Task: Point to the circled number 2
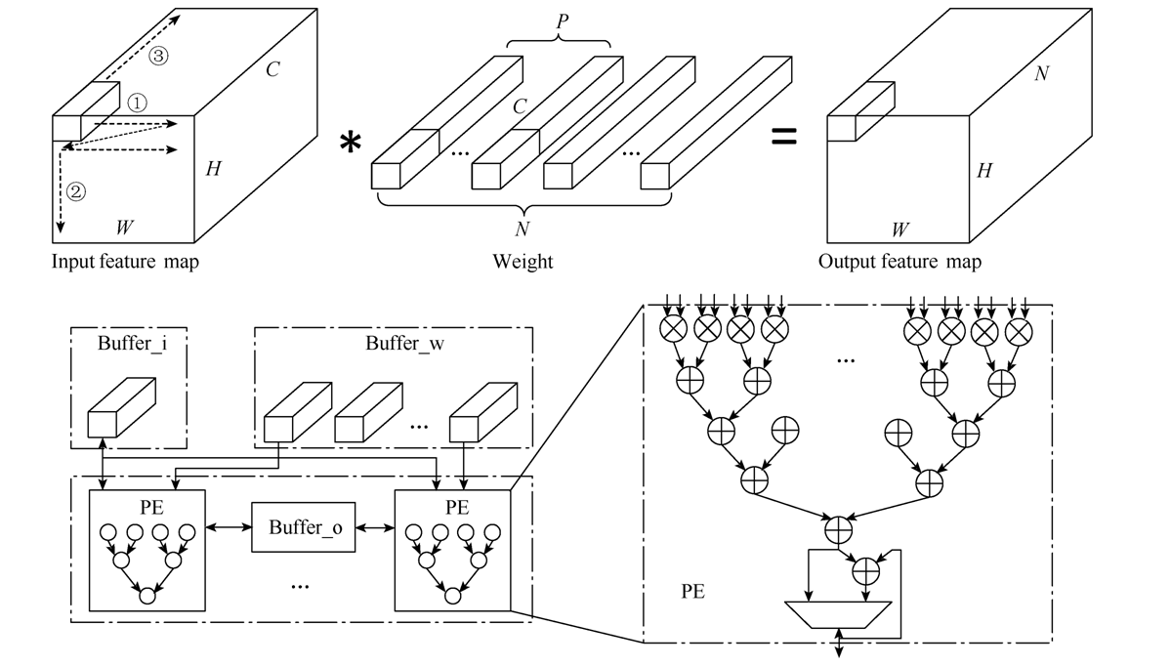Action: [x=76, y=191]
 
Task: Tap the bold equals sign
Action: [x=784, y=138]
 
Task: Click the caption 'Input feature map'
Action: [x=125, y=262]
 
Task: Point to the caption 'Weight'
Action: [x=523, y=262]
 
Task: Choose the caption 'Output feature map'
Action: [x=899, y=262]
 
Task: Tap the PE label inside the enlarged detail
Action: [x=692, y=592]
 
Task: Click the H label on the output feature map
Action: [x=984, y=171]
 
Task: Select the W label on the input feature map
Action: [x=124, y=229]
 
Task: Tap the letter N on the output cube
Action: [x=1041, y=74]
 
